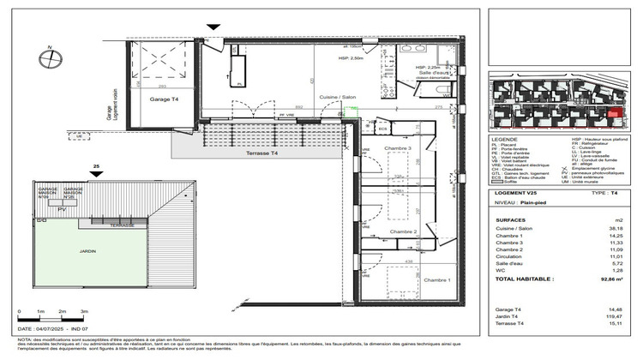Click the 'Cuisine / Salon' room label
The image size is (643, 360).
[x=337, y=98]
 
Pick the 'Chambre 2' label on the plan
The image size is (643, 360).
[x=402, y=232]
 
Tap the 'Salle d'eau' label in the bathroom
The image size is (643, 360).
[x=434, y=74]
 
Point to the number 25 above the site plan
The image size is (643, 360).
[x=97, y=166]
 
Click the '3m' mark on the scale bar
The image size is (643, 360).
[x=84, y=310]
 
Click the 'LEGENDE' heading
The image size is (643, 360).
[x=505, y=138]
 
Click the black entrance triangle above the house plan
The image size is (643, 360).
[x=213, y=29]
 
